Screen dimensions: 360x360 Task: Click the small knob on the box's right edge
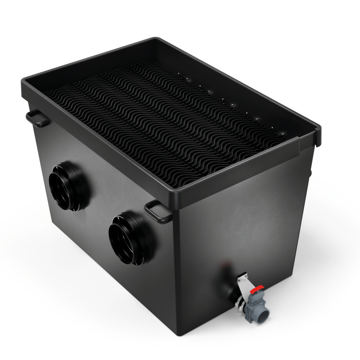coord(310,172)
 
